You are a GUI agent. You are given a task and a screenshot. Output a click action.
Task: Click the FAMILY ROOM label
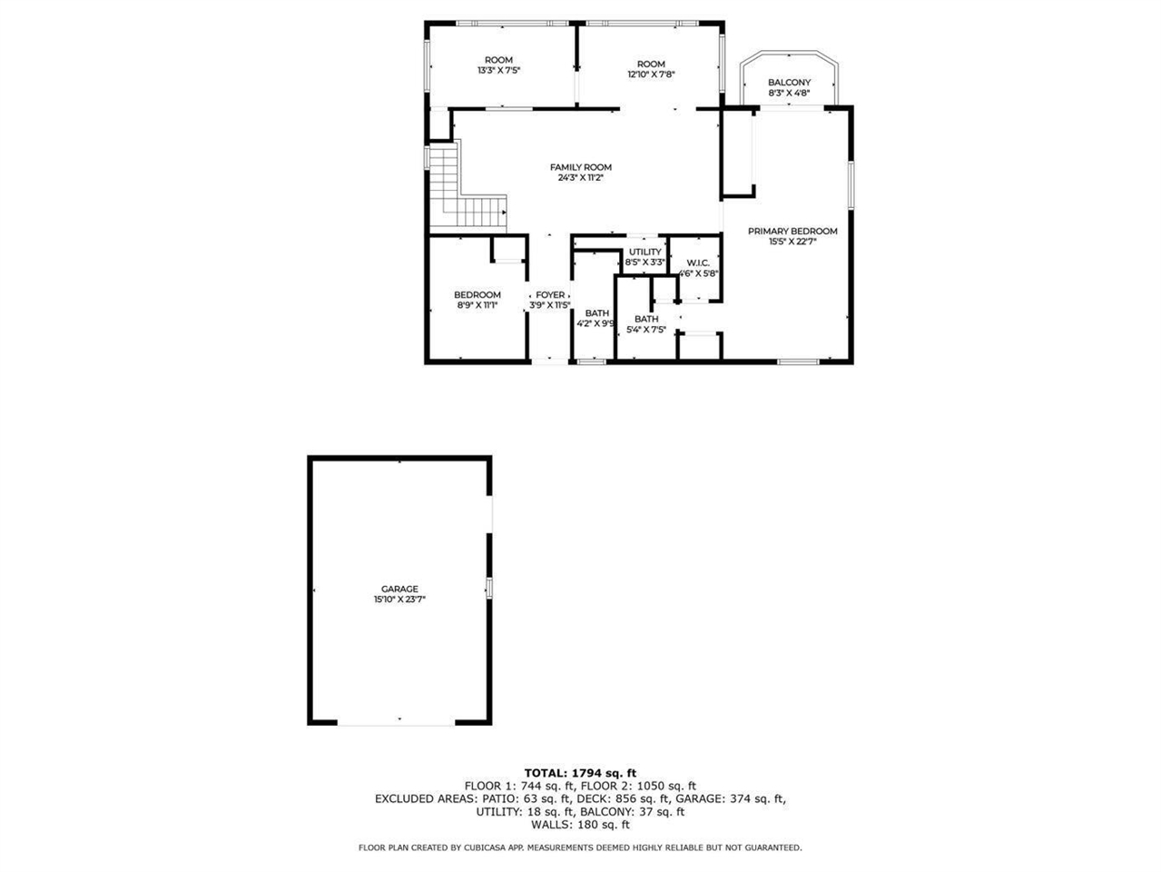click(580, 167)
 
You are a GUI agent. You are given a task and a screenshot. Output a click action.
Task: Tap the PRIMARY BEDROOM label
click(792, 232)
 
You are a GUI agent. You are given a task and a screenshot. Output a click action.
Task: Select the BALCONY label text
click(789, 83)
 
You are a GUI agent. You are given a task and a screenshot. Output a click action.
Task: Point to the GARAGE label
click(399, 589)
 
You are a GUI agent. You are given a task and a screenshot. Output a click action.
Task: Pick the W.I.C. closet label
click(698, 263)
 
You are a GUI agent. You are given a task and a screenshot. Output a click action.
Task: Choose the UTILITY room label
click(645, 252)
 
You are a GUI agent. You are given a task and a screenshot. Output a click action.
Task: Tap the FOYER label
click(550, 295)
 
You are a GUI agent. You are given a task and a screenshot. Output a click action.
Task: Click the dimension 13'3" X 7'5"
click(498, 71)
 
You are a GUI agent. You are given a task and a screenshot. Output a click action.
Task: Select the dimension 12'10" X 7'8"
click(651, 74)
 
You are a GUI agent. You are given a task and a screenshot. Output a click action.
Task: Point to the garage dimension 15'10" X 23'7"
click(399, 599)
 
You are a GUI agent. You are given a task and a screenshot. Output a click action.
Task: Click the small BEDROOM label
click(477, 295)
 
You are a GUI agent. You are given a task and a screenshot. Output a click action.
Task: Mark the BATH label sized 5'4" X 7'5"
click(646, 319)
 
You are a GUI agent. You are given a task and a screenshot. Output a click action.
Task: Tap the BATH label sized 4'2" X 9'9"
click(596, 313)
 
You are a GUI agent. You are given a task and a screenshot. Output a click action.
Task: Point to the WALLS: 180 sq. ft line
click(580, 825)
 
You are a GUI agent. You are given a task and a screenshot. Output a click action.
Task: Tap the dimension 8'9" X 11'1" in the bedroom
click(477, 306)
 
